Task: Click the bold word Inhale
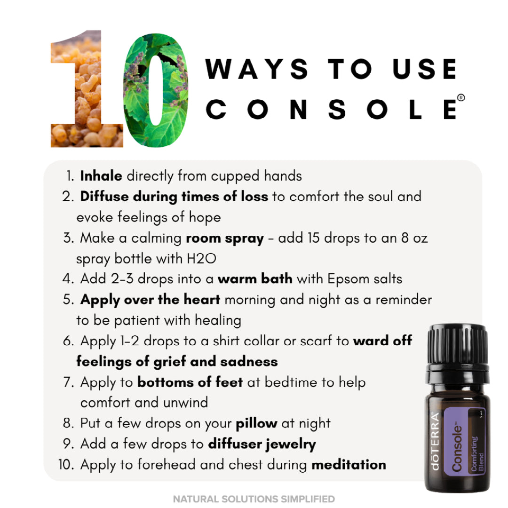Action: tap(101, 176)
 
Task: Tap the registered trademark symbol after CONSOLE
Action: tap(460, 97)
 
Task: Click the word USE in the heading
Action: tap(425, 69)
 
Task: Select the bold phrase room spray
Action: tap(225, 239)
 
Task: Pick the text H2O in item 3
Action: tap(201, 259)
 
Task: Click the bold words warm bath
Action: tap(255, 279)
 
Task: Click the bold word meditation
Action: tap(349, 465)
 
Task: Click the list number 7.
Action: tap(68, 382)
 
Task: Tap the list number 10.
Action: tap(66, 465)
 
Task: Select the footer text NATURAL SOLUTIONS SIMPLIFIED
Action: tap(254, 499)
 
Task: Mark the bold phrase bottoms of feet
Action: tap(190, 382)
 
